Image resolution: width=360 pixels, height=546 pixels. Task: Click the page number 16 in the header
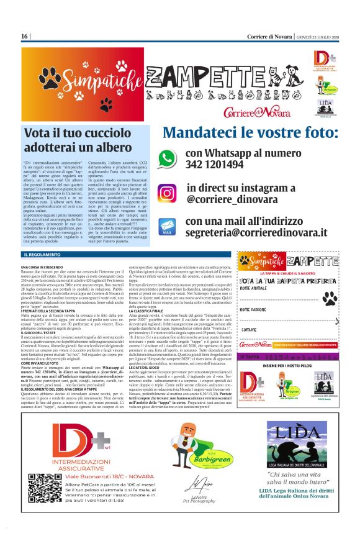[24, 37]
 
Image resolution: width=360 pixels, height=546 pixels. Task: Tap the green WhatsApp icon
[166, 158]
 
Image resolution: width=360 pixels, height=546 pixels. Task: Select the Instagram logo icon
[166, 193]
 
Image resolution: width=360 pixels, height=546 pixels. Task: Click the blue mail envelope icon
[166, 227]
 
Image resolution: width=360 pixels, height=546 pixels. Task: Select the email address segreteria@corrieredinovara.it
[256, 232]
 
